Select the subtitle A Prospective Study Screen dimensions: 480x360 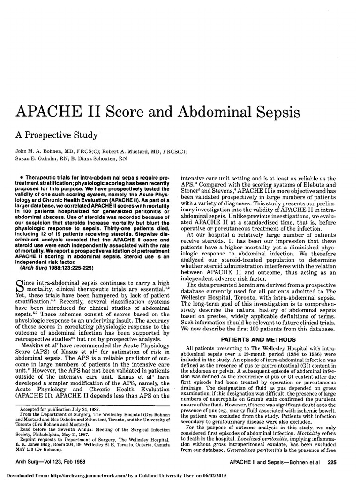pyautogui.click(x=57, y=135)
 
